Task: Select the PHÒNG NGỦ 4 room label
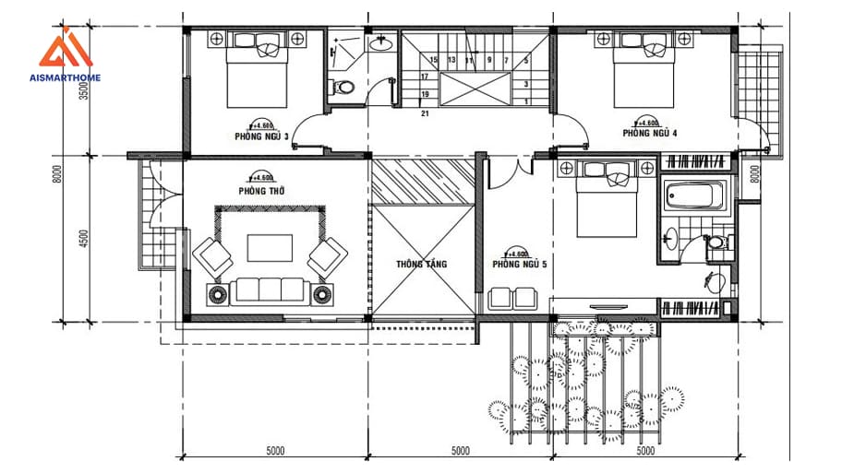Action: [649, 133]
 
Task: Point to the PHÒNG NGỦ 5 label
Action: [519, 265]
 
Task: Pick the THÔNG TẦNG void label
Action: [422, 264]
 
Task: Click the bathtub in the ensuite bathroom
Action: [694, 197]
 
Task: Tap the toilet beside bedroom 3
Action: [343, 89]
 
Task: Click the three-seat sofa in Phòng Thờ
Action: [271, 291]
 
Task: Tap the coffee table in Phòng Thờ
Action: [269, 248]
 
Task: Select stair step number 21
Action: [425, 114]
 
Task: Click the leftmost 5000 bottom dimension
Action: [274, 451]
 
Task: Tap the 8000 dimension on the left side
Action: [58, 175]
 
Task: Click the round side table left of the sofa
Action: [219, 294]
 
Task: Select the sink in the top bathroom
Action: [380, 43]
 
